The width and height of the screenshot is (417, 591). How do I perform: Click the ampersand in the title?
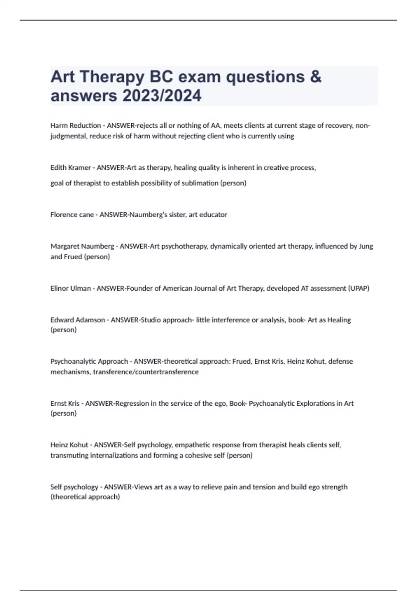point(315,77)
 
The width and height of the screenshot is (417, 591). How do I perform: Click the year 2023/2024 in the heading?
point(162,96)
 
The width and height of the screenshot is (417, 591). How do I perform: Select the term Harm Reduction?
point(75,126)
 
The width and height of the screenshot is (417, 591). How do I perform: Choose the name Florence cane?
point(72,214)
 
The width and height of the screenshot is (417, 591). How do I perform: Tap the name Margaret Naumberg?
point(82,246)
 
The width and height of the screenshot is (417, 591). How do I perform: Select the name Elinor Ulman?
point(71,288)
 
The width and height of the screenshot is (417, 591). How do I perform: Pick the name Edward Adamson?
point(77,320)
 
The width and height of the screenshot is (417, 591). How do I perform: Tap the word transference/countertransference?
point(146,372)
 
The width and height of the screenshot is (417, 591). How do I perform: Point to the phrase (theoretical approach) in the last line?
point(85,497)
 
